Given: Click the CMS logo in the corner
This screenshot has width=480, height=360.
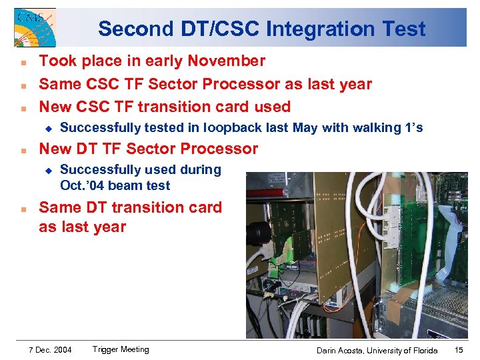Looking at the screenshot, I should pyautogui.click(x=35, y=27).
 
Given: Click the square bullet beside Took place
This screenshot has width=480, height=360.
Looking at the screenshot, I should pyautogui.click(x=23, y=62).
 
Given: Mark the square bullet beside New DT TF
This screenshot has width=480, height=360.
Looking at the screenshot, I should pyautogui.click(x=23, y=149).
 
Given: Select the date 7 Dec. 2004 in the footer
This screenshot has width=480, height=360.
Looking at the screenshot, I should pyautogui.click(x=51, y=349).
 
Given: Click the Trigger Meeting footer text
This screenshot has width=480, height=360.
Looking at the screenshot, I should pyautogui.click(x=121, y=349).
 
